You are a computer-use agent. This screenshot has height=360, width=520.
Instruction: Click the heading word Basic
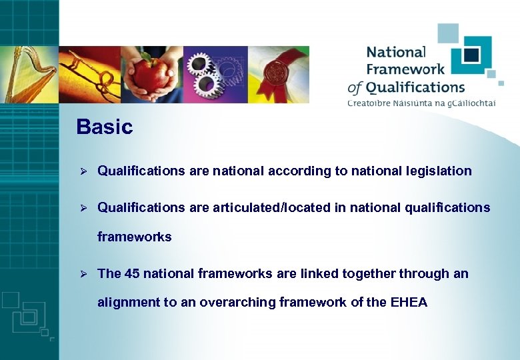click(x=105, y=127)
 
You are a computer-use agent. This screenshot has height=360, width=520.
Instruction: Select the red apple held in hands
click(x=152, y=75)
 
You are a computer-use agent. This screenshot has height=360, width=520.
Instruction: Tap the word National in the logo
click(x=395, y=52)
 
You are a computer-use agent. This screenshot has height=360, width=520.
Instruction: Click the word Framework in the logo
click(x=405, y=69)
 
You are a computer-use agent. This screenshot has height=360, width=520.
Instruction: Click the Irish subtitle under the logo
click(x=421, y=102)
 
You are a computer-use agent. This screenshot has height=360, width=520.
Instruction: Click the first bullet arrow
click(x=83, y=171)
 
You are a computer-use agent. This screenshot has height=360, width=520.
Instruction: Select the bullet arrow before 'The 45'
click(x=83, y=274)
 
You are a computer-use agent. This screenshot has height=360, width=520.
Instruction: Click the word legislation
click(x=438, y=171)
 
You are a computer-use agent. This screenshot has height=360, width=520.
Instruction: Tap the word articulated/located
click(x=271, y=207)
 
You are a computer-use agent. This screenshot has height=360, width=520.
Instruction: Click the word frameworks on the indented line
click(x=134, y=237)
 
